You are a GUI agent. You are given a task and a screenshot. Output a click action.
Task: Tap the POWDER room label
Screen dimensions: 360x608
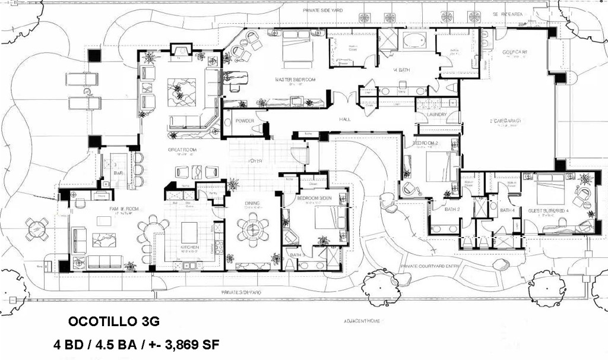(245, 121)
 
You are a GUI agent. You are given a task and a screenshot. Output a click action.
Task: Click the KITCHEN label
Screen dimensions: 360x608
(190, 247)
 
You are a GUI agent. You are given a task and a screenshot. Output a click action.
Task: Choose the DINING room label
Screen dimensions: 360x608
(252, 204)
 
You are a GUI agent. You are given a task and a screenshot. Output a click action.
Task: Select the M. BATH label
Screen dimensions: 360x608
(403, 70)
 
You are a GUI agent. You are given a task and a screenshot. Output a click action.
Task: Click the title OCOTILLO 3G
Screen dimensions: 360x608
(114, 321)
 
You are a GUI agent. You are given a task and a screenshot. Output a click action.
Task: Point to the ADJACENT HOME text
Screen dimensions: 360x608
(362, 321)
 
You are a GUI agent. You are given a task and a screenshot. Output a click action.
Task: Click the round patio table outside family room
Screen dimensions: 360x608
(37, 229)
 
